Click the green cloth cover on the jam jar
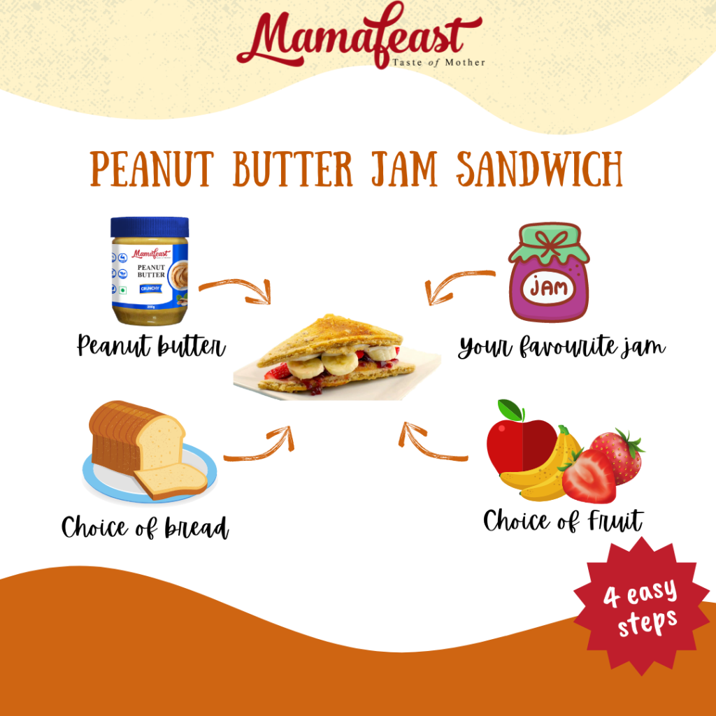point(549,245)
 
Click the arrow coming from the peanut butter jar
point(234,289)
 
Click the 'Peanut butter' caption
point(151,346)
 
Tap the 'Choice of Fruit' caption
point(563,521)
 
